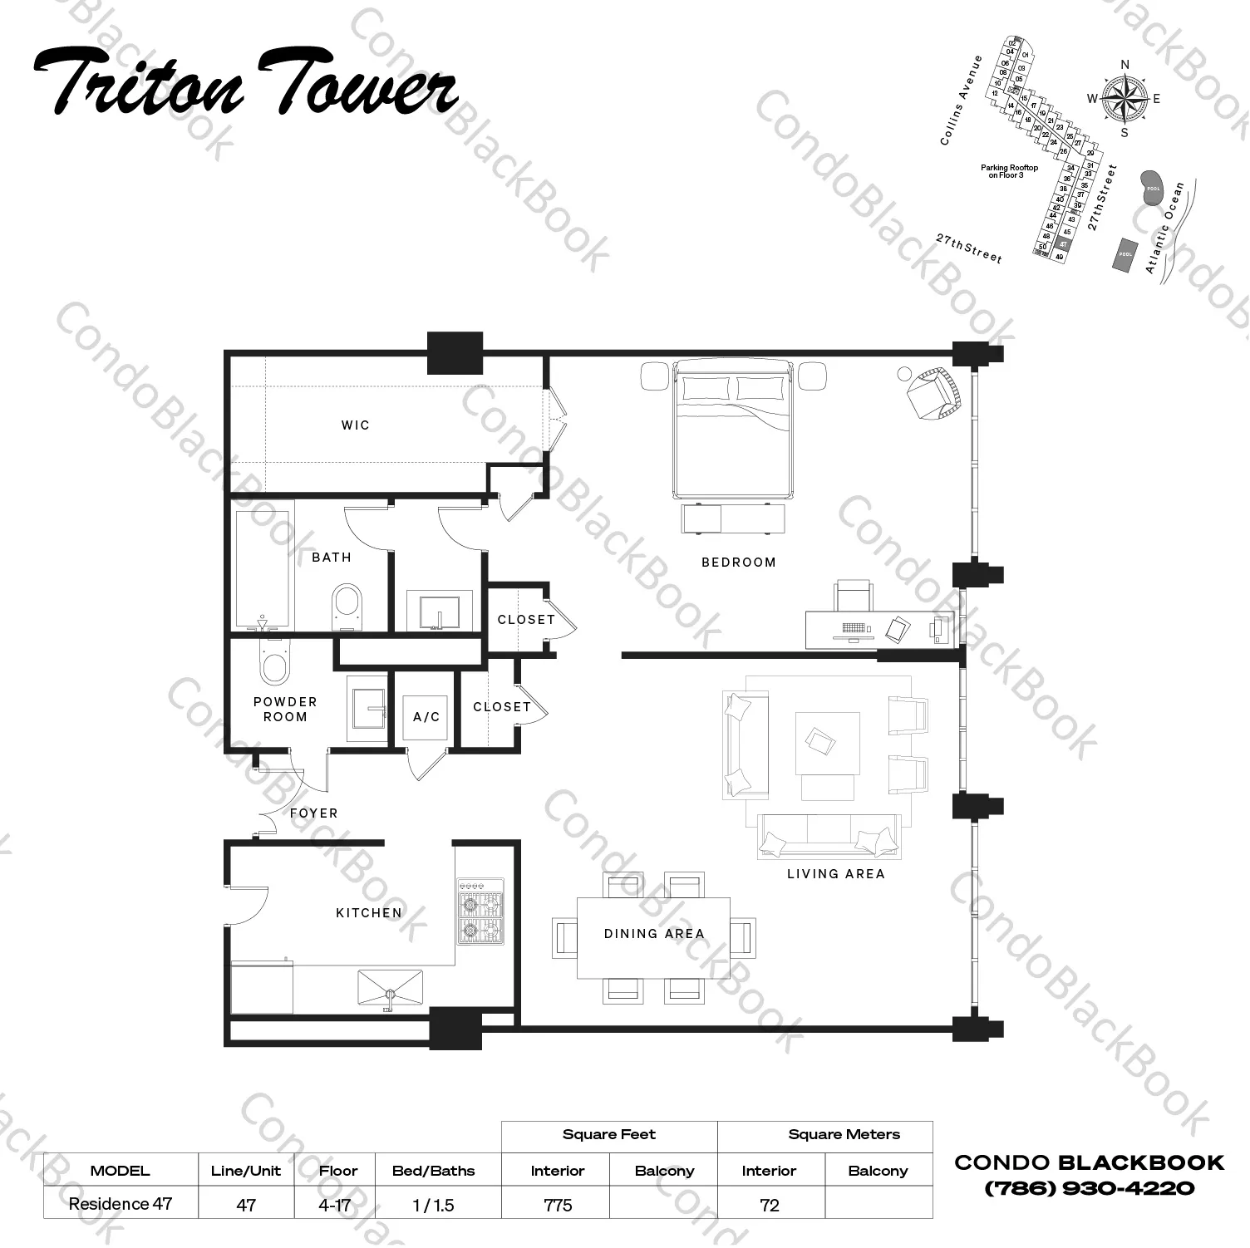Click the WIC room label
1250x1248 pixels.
(355, 425)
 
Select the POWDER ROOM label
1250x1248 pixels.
(285, 710)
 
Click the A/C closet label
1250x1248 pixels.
(426, 717)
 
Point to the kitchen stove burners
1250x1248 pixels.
(480, 911)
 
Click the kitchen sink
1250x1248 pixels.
(390, 988)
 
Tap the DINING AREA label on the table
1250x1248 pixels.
(654, 934)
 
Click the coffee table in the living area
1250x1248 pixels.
(827, 742)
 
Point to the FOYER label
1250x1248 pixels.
(314, 813)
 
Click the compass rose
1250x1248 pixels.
(1124, 99)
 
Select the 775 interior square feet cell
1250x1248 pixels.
(557, 1205)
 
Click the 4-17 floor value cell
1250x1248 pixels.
(335, 1205)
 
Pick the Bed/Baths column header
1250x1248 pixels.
(433, 1171)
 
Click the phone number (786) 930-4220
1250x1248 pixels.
(1089, 1188)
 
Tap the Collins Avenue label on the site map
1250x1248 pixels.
(961, 101)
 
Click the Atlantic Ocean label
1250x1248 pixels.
(1164, 228)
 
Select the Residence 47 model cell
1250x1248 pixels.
(121, 1204)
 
